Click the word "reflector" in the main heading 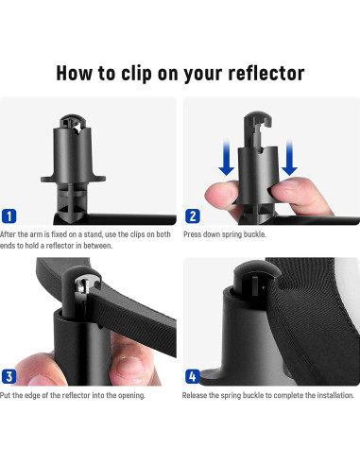click(x=266, y=73)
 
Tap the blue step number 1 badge click(x=9, y=216)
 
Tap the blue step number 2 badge click(x=193, y=216)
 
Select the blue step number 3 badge click(x=9, y=376)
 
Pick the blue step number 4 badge click(x=193, y=376)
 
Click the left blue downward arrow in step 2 click(x=226, y=159)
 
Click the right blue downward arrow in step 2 click(x=289, y=159)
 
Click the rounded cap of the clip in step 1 click(x=73, y=121)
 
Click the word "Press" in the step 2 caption click(x=192, y=234)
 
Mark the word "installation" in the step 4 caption click(x=335, y=395)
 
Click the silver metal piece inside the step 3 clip click(x=82, y=287)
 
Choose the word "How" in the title click(x=75, y=73)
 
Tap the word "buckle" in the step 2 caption click(x=255, y=234)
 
